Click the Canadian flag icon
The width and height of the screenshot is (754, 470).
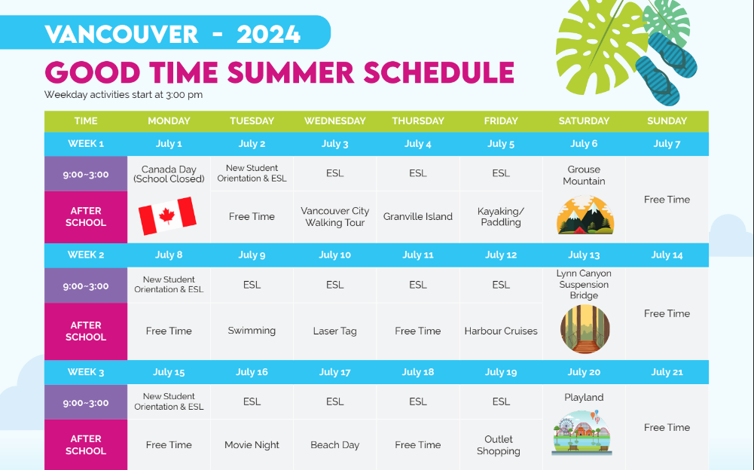(x=167, y=215)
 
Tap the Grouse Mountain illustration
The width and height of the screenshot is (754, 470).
(x=585, y=215)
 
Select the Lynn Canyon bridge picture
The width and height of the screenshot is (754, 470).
(x=585, y=329)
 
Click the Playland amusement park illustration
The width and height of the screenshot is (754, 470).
(x=582, y=432)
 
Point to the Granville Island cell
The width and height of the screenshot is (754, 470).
(x=418, y=217)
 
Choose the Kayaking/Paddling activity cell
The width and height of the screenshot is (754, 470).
(x=501, y=217)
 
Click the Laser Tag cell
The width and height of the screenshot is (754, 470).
(x=334, y=331)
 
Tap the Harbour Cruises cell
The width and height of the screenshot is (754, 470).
(x=501, y=331)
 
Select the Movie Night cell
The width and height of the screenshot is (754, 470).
(x=252, y=445)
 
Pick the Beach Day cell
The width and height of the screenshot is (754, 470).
(x=334, y=445)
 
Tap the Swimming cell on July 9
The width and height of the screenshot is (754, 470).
(x=252, y=331)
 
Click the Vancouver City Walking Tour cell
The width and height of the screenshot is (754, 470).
(x=334, y=217)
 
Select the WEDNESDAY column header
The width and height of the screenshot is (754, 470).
(x=334, y=121)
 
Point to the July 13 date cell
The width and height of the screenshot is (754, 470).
(x=584, y=255)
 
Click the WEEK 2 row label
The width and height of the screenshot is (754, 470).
(x=86, y=255)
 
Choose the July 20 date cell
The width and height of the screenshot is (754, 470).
(x=584, y=372)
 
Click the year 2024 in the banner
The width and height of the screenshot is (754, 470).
(x=268, y=34)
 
